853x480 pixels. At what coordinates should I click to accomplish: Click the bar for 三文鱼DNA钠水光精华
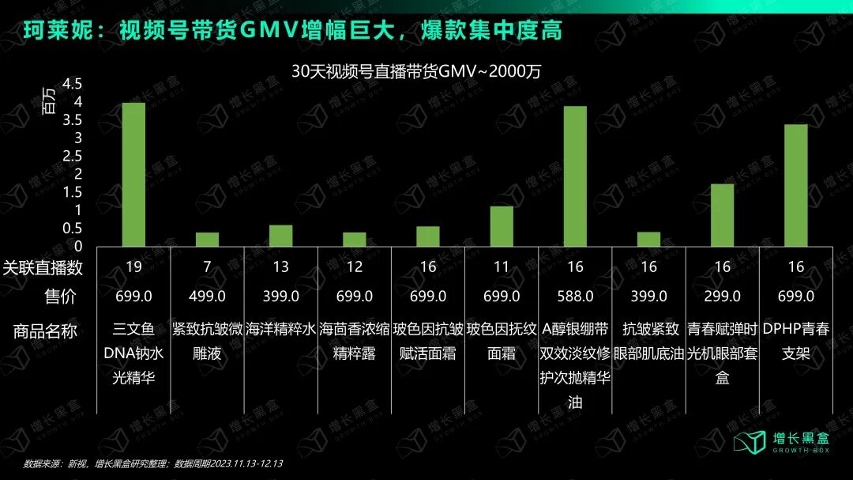pos(133,174)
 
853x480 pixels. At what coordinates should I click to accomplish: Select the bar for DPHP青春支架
pos(795,185)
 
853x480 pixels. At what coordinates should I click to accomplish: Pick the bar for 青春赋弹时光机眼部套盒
pos(722,215)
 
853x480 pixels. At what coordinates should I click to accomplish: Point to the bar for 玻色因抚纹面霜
pos(502,226)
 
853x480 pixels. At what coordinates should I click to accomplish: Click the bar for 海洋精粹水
pos(280,236)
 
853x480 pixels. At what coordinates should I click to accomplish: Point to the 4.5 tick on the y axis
pos(72,84)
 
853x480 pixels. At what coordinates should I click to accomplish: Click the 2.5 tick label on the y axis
pos(72,156)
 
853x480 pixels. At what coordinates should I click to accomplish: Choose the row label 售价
pos(61,297)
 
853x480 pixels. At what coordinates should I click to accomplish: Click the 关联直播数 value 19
pos(133,267)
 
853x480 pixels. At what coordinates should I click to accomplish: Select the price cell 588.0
pos(575,297)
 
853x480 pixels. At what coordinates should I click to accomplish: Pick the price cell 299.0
pos(722,297)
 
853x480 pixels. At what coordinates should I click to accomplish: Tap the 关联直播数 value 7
pos(207,267)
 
